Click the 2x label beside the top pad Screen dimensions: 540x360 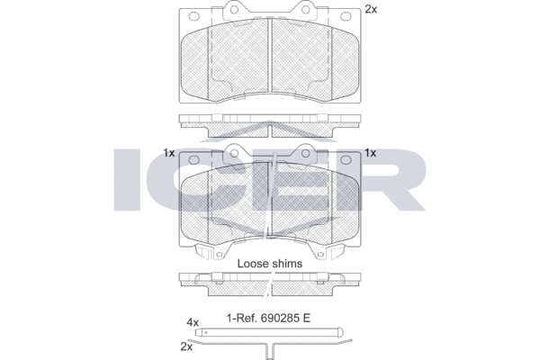pyautogui.click(x=371, y=10)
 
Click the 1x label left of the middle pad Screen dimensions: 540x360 pyautogui.click(x=169, y=153)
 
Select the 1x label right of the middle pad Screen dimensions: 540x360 pyautogui.click(x=370, y=153)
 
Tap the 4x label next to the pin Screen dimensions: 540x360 pyautogui.click(x=193, y=323)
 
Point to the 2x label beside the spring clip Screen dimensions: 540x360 pyautogui.click(x=186, y=346)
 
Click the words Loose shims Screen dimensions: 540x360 pyautogui.click(x=270, y=264)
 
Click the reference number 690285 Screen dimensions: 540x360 pyautogui.click(x=280, y=318)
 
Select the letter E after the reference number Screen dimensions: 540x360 pyautogui.click(x=307, y=318)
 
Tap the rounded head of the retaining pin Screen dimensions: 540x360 pyautogui.click(x=340, y=332)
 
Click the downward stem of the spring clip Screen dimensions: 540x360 pyautogui.click(x=270, y=352)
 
